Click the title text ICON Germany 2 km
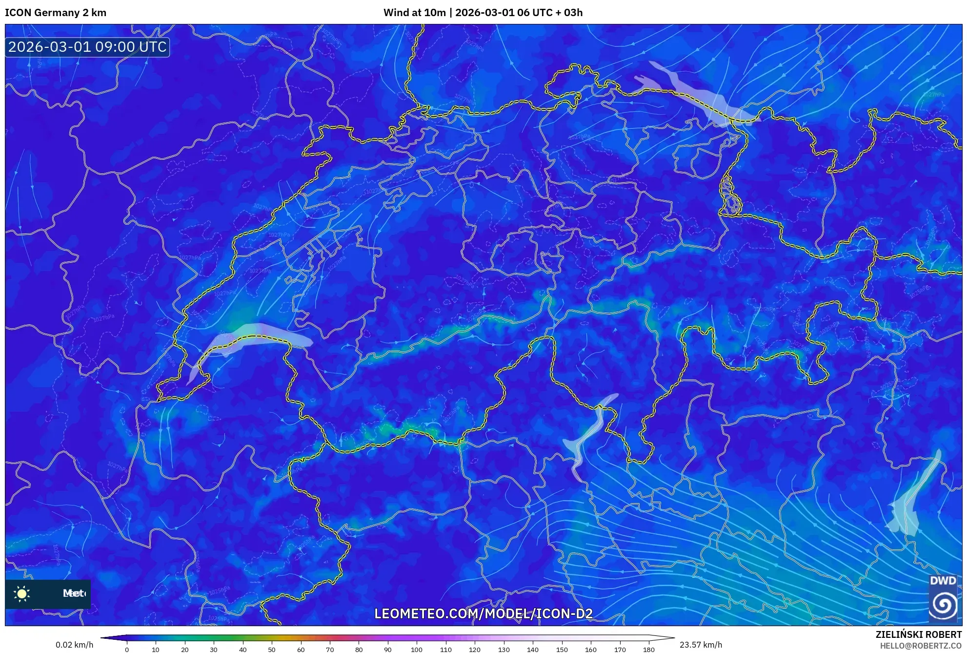56,13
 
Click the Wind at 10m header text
414,13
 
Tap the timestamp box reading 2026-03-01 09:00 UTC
87,47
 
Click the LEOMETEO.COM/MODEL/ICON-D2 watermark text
483,613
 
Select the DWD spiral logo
943,605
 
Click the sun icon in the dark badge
22,593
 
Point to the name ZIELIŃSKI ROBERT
918,634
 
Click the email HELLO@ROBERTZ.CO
921,646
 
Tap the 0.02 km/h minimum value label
74,645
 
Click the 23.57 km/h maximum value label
701,645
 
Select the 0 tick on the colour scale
127,650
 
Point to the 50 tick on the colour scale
272,650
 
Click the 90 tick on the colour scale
388,650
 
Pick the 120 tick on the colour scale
475,650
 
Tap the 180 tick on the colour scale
649,650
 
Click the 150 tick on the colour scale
562,650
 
